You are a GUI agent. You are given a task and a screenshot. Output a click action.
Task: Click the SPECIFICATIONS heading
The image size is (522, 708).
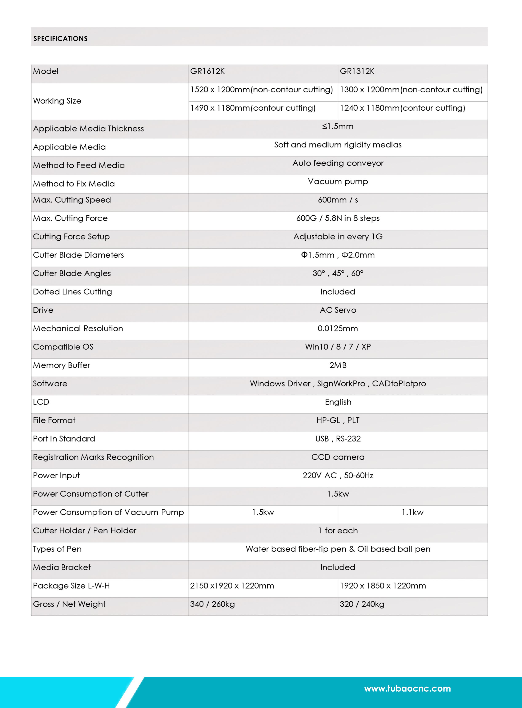click(x=60, y=38)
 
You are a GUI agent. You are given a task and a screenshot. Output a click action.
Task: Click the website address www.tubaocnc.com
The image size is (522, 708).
click(x=407, y=688)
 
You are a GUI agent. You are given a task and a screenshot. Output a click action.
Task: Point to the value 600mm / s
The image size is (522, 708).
click(x=338, y=200)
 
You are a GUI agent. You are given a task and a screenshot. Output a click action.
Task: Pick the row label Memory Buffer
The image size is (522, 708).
click(x=62, y=365)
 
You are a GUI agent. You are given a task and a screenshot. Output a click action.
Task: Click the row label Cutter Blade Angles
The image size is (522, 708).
click(x=72, y=273)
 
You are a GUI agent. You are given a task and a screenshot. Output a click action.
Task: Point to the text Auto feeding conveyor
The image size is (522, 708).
click(x=338, y=163)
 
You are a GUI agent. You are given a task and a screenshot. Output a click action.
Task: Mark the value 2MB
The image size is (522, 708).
click(x=338, y=365)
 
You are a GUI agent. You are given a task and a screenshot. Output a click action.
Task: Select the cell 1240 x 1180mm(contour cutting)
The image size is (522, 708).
click(x=402, y=108)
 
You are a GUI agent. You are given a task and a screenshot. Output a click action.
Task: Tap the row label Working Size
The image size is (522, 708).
click(x=57, y=101)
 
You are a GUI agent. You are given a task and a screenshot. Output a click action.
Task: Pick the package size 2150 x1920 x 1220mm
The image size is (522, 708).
click(x=232, y=586)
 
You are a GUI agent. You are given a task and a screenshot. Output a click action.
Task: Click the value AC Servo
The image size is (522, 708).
click(x=338, y=310)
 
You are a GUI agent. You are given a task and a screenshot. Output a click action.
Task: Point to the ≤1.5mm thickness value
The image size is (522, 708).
click(x=338, y=127)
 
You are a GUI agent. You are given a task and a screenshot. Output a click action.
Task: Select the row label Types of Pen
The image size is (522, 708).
click(x=57, y=549)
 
